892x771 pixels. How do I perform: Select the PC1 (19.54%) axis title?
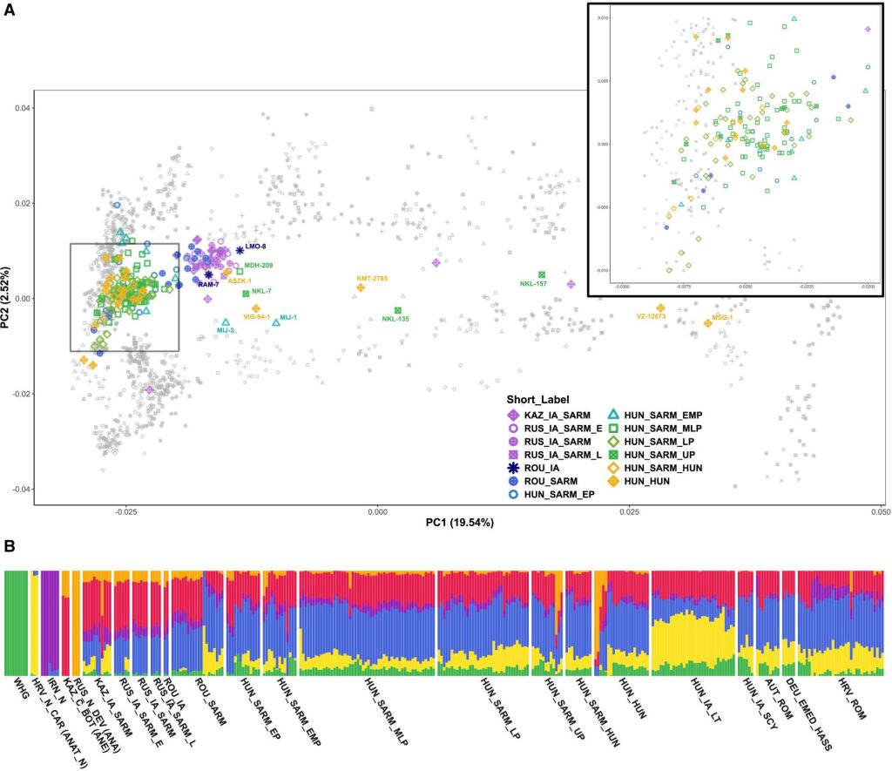[459, 523]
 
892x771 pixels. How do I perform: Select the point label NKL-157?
[533, 284]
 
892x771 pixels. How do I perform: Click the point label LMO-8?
[255, 247]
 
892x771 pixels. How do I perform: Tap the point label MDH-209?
[258, 265]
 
